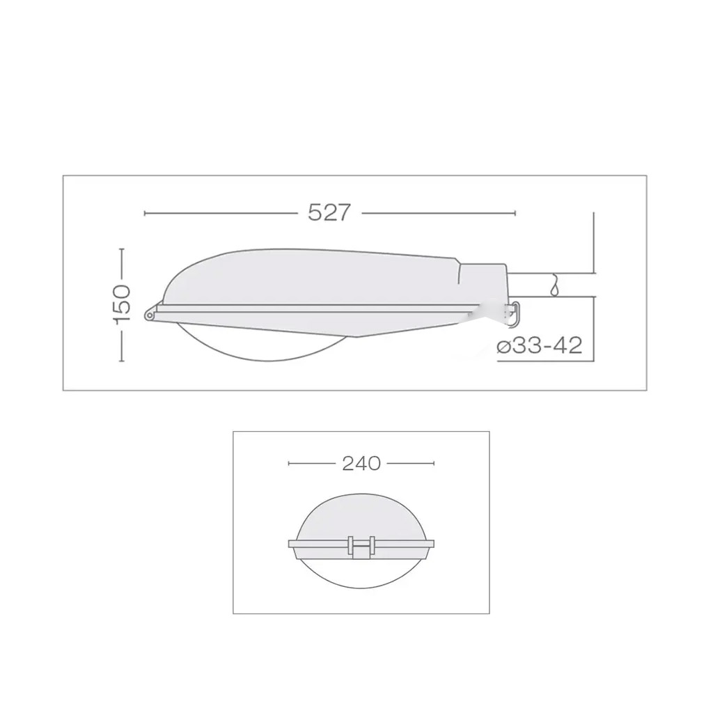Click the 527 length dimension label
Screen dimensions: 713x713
coord(329,212)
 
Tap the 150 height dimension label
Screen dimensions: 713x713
coord(123,305)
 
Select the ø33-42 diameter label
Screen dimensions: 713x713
coord(540,346)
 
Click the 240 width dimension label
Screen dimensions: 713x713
coord(361,463)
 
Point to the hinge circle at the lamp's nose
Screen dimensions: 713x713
coord(149,314)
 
